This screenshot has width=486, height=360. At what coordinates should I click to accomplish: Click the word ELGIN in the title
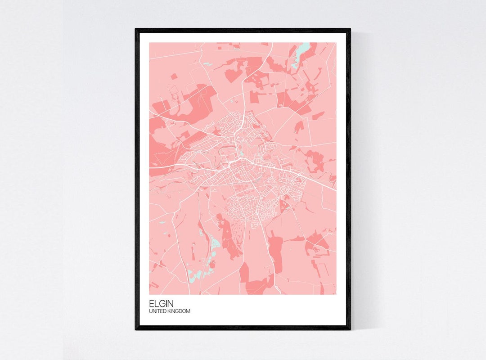pos(158,304)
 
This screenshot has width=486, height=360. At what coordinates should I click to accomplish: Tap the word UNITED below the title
pos(157,311)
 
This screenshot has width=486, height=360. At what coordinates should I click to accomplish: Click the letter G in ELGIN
pos(160,304)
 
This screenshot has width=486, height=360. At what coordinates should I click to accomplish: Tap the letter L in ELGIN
pos(155,304)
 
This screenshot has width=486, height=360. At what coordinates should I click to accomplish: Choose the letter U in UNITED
pos(150,311)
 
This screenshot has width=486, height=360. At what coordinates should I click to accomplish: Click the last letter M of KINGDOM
pos(189,311)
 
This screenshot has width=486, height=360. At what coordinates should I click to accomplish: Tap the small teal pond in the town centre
pos(242,153)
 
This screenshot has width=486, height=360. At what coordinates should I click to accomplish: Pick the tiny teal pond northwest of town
pos(207,64)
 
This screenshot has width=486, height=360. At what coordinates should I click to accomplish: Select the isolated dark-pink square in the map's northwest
pos(173,76)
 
